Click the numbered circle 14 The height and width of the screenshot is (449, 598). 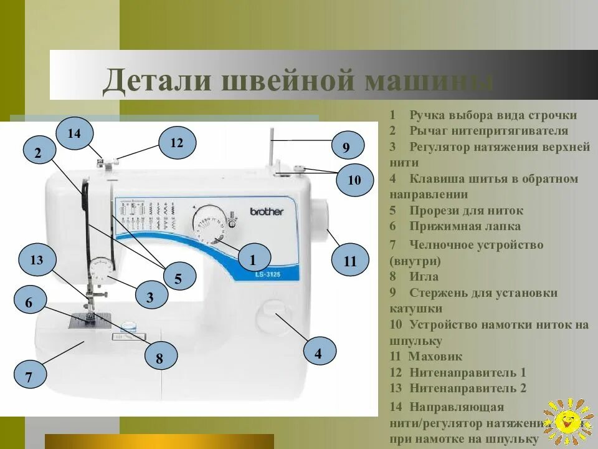pyautogui.click(x=74, y=133)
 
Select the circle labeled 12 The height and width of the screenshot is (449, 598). pyautogui.click(x=177, y=143)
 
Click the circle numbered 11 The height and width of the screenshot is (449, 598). pyautogui.click(x=350, y=261)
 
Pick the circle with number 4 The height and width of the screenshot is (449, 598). pyautogui.click(x=318, y=354)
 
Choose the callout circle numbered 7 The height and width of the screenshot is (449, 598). pyautogui.click(x=29, y=377)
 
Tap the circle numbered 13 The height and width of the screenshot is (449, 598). pyautogui.click(x=37, y=260)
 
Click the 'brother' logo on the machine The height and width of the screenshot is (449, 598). pyautogui.click(x=267, y=211)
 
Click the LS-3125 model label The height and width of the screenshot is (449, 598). pyautogui.click(x=267, y=275)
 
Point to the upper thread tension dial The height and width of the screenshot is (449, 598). pyautogui.click(x=100, y=271)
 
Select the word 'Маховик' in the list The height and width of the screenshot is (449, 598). pyautogui.click(x=435, y=357)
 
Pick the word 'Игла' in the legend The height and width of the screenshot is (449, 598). pyautogui.click(x=424, y=276)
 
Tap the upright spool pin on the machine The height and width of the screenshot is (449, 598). pyautogui.click(x=272, y=148)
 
